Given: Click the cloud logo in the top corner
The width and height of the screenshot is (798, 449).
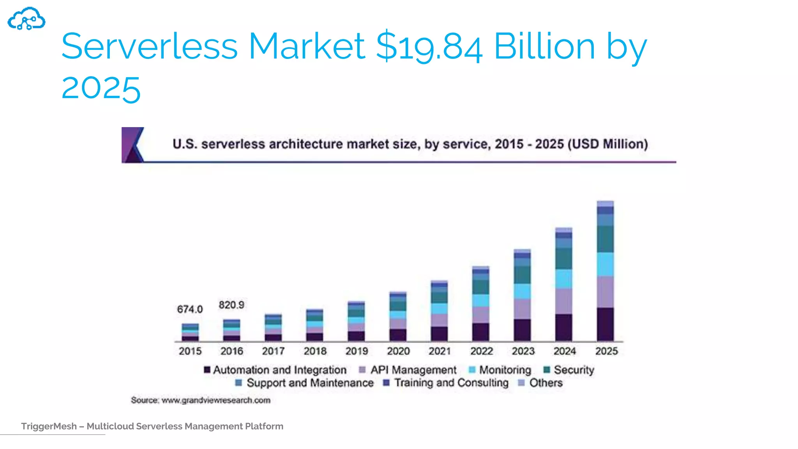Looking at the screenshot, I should (x=26, y=19).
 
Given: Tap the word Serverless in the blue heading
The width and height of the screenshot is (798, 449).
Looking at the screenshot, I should (x=149, y=47).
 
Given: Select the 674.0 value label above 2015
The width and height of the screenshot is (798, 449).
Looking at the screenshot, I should (x=190, y=309).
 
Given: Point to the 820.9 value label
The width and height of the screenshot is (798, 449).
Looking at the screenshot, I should (x=231, y=305).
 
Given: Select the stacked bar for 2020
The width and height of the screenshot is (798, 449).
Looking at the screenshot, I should (x=398, y=316).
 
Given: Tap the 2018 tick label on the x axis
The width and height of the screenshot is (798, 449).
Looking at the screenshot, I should (x=315, y=351).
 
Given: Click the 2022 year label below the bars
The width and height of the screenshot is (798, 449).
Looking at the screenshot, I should (x=481, y=351).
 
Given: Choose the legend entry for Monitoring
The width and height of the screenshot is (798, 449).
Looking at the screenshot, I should (x=500, y=369).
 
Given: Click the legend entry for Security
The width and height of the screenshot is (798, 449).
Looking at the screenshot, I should (x=569, y=369).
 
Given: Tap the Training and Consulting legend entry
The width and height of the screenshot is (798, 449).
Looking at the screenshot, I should (x=446, y=383).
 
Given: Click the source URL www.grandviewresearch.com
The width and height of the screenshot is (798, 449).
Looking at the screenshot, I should (x=216, y=400).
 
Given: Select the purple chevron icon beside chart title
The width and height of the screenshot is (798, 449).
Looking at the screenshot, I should (x=132, y=145).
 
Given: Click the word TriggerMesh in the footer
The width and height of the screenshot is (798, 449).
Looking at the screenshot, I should (x=49, y=426).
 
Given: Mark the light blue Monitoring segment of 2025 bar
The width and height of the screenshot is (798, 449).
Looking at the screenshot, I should (x=605, y=264).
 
